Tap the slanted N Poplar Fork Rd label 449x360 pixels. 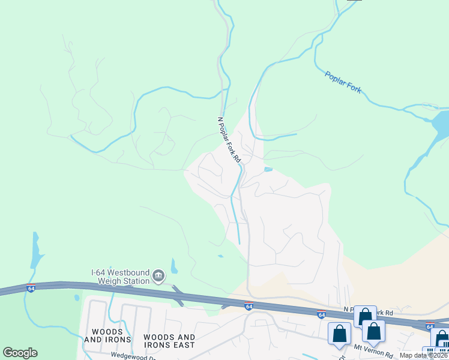pyautogui.click(x=229, y=139)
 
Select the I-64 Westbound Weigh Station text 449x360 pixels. pyautogui.click(x=119, y=276)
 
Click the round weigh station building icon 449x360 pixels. pyautogui.click(x=158, y=275)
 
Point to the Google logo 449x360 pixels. pyautogui.click(x=20, y=353)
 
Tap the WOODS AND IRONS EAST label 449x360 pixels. pyautogui.click(x=169, y=341)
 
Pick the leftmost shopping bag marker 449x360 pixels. pyautogui.click(x=339, y=334)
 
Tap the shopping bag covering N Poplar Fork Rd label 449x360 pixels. pyautogui.click(x=364, y=316)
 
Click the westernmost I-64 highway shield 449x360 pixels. pyautogui.click(x=31, y=288)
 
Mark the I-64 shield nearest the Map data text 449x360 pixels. pyautogui.click(x=430, y=326)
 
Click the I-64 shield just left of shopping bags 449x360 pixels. pyautogui.click(x=322, y=314)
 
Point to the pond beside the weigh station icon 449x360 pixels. pyautogui.click(x=174, y=265)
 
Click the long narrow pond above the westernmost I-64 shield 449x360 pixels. pyautogui.click(x=35, y=252)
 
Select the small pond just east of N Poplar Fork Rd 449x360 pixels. pyautogui.click(x=268, y=170)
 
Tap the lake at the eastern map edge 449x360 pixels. pyautogui.click(x=440, y=123)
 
